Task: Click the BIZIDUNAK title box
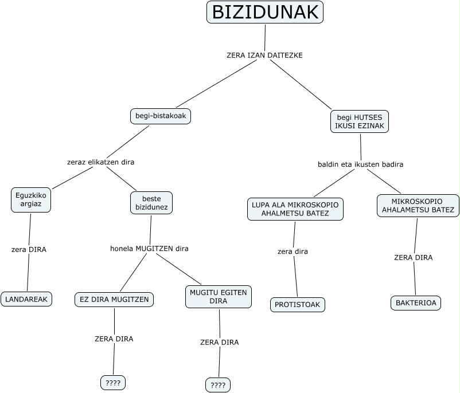point(264,12)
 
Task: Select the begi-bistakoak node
point(161,116)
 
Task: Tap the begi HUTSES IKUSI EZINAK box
point(360,121)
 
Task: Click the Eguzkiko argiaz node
point(30,199)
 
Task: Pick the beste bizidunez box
point(151,203)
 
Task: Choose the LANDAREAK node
point(26,299)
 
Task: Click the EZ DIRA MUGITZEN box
point(114,299)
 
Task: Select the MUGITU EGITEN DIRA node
point(219,297)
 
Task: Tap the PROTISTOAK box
point(298,305)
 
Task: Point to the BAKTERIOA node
point(416,303)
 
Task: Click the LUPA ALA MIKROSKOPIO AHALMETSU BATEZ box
point(295,209)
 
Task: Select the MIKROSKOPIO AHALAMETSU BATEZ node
point(418,206)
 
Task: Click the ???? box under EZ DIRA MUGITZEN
point(113,383)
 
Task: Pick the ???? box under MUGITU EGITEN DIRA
point(218,385)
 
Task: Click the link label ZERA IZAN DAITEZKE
point(264,56)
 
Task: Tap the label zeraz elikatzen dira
point(100,162)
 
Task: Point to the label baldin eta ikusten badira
point(360,164)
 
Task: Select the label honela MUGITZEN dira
point(149,249)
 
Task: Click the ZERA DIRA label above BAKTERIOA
point(413,258)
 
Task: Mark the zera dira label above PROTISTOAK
point(293,251)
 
